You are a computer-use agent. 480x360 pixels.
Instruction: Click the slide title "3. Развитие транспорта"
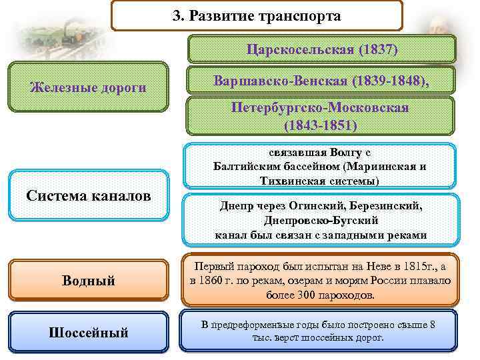click(x=256, y=16)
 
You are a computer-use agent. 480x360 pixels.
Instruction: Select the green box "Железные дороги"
click(x=89, y=87)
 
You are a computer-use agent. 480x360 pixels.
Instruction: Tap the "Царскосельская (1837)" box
click(x=322, y=49)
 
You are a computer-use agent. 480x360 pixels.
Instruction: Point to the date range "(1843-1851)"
click(x=320, y=125)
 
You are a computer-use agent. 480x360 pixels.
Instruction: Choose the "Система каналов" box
click(x=88, y=195)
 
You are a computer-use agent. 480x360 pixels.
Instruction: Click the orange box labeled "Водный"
click(x=89, y=281)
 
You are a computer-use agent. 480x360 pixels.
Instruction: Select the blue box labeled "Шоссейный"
click(x=89, y=331)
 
